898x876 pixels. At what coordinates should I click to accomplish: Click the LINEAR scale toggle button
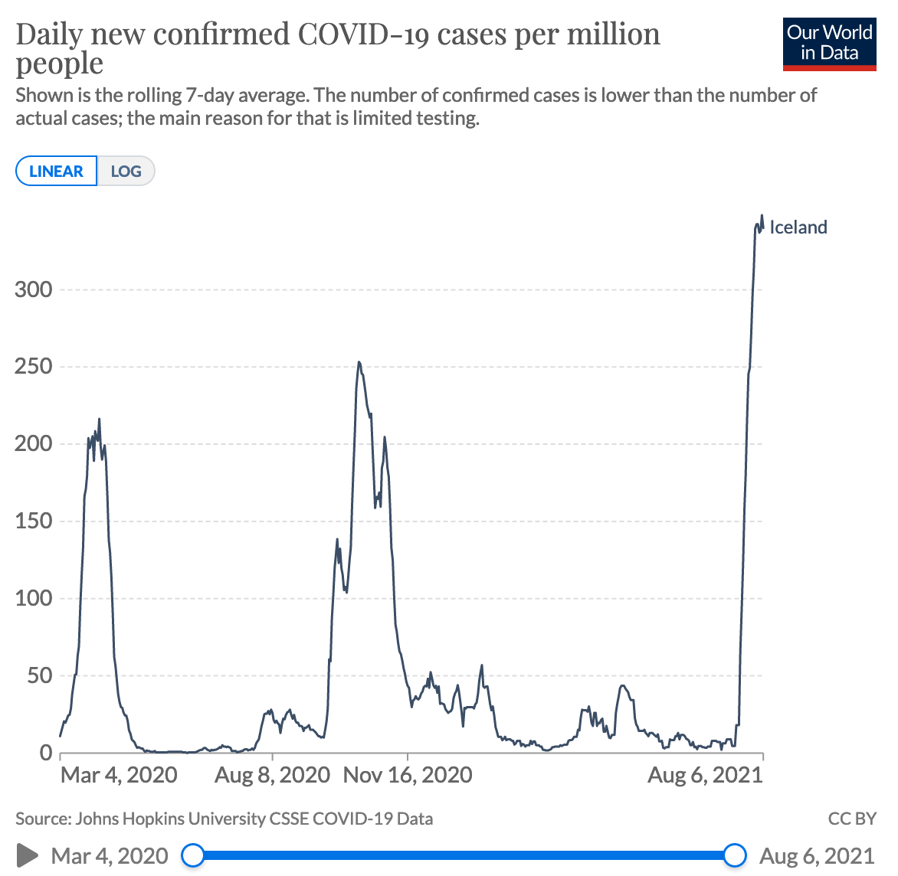click(56, 171)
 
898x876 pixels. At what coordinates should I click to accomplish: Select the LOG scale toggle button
click(126, 171)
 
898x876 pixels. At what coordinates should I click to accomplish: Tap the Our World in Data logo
click(829, 44)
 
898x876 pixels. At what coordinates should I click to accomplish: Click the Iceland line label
click(798, 227)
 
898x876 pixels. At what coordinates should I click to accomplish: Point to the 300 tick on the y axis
click(34, 289)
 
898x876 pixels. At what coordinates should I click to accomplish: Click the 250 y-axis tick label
click(34, 367)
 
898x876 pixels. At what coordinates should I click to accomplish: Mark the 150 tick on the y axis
click(34, 521)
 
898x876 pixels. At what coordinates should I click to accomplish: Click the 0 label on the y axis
click(46, 753)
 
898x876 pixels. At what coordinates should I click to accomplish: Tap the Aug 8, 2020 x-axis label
click(272, 775)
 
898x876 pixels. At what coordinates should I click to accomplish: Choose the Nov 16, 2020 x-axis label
click(408, 775)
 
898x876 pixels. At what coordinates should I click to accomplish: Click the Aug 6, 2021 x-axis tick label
click(705, 775)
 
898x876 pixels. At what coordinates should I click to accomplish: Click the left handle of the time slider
click(194, 855)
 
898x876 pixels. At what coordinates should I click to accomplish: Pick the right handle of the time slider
click(735, 855)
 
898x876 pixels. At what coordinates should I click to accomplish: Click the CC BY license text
click(851, 819)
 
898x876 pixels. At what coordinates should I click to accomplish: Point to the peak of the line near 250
click(359, 363)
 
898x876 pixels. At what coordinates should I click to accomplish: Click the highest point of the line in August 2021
click(762, 216)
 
